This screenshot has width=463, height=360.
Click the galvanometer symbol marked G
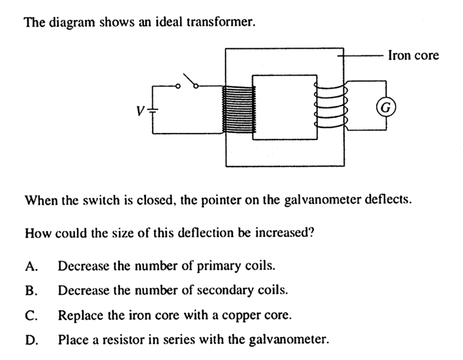pyautogui.click(x=386, y=107)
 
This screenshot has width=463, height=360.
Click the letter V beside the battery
pyautogui.click(x=140, y=111)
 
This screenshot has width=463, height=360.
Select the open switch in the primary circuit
pyautogui.click(x=188, y=81)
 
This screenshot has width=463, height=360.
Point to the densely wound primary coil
pyautogui.click(x=239, y=110)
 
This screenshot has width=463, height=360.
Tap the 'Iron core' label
pyautogui.click(x=414, y=56)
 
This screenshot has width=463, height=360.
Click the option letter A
pyautogui.click(x=31, y=266)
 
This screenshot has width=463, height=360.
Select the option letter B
pyautogui.click(x=31, y=291)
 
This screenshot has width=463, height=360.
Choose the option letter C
pyautogui.click(x=31, y=315)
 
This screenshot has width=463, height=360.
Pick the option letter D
pyautogui.click(x=31, y=340)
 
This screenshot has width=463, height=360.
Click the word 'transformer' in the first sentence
pyautogui.click(x=221, y=22)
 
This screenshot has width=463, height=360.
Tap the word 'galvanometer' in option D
pyautogui.click(x=289, y=340)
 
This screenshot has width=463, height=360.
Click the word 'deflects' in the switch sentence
pyautogui.click(x=389, y=200)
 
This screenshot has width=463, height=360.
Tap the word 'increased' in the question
pyautogui.click(x=284, y=233)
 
